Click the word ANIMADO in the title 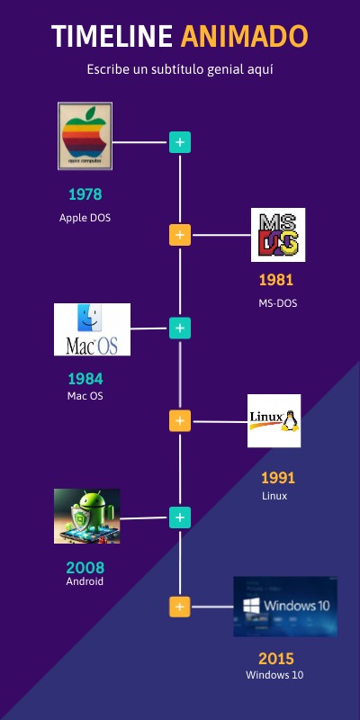pyautogui.click(x=244, y=36)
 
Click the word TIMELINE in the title pyautogui.click(x=112, y=36)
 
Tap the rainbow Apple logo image pyautogui.click(x=85, y=136)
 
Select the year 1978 pyautogui.click(x=85, y=194)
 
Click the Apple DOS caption pyautogui.click(x=85, y=218)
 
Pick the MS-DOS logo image pyautogui.click(x=278, y=235)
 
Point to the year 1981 pyautogui.click(x=276, y=280)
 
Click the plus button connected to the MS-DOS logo pyautogui.click(x=180, y=235)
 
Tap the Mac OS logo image pyautogui.click(x=92, y=329)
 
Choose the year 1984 pyautogui.click(x=85, y=379)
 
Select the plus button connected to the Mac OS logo pyautogui.click(x=180, y=328)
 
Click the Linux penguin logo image pyautogui.click(x=274, y=420)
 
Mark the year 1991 pyautogui.click(x=278, y=479)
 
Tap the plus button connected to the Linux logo pyautogui.click(x=180, y=421)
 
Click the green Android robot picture pyautogui.click(x=86, y=516)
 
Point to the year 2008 pyautogui.click(x=85, y=568)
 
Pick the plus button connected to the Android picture pyautogui.click(x=180, y=517)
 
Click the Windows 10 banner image pyautogui.click(x=285, y=607)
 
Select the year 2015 pyautogui.click(x=276, y=660)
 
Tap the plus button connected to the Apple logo pyautogui.click(x=180, y=142)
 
